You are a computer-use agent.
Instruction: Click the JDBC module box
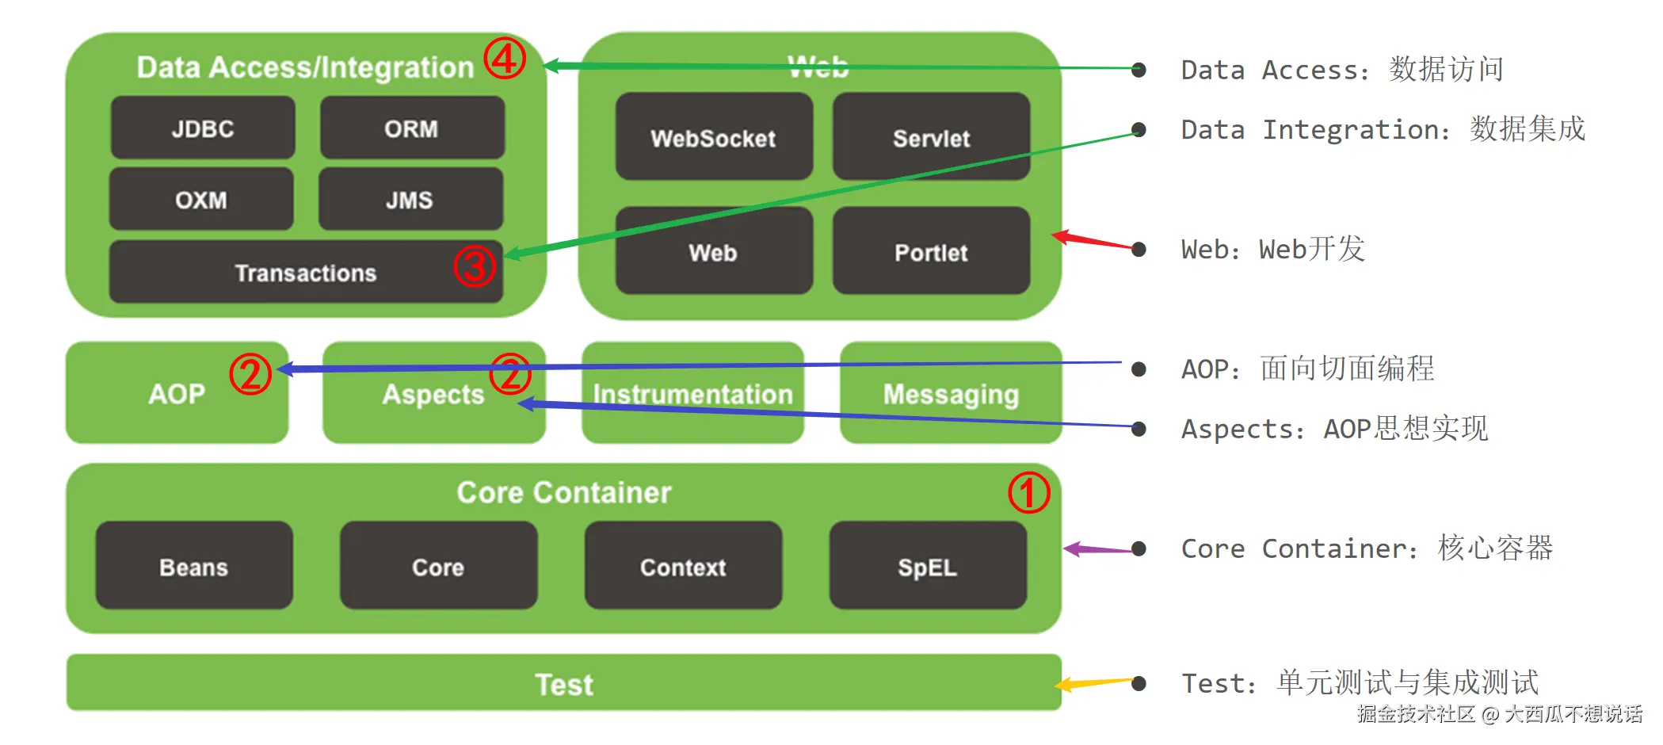[203, 128]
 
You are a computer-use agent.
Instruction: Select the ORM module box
[411, 128]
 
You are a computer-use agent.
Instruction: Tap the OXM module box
[201, 200]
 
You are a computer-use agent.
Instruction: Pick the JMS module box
[410, 200]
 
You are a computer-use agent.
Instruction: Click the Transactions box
[305, 273]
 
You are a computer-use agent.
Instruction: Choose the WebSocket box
[713, 138]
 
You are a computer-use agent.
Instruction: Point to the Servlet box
[931, 138]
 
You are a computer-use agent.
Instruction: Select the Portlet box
[931, 252]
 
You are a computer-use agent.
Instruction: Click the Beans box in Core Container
[194, 567]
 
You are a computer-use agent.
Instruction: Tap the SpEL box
[928, 567]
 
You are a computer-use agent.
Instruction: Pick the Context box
[683, 567]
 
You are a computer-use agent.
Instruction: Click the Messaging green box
[951, 394]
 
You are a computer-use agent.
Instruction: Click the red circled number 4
[505, 58]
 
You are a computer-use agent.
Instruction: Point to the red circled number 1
[1028, 493]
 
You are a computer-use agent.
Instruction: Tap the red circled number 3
[474, 266]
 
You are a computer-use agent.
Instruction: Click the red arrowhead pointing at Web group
[1062, 235]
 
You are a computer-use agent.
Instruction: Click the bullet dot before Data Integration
[1139, 129]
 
